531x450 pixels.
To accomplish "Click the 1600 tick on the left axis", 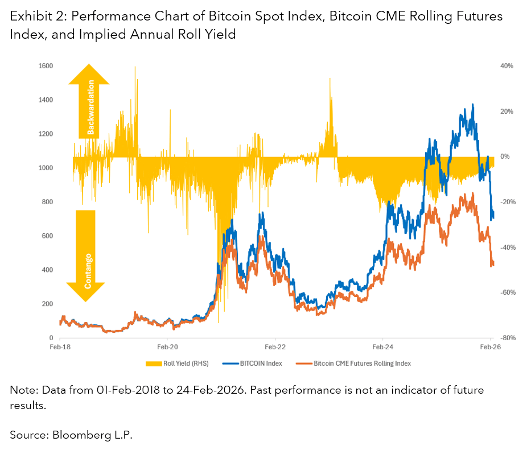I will [46, 66].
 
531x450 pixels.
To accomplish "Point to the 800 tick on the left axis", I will [47, 202].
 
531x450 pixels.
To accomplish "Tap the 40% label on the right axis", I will [507, 66].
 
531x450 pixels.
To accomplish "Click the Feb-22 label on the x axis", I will [275, 346].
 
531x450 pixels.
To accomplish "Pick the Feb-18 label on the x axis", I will [59, 346].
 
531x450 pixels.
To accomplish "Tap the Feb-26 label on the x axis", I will [491, 346].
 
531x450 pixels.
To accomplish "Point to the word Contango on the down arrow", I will [88, 270].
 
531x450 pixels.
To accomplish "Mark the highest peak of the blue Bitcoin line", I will [473, 104].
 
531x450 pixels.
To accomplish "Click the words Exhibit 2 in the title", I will [32, 16].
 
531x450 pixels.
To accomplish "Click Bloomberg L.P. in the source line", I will [92, 435].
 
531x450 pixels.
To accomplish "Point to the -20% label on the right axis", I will [506, 202].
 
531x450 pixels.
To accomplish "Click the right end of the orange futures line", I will [493, 263].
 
